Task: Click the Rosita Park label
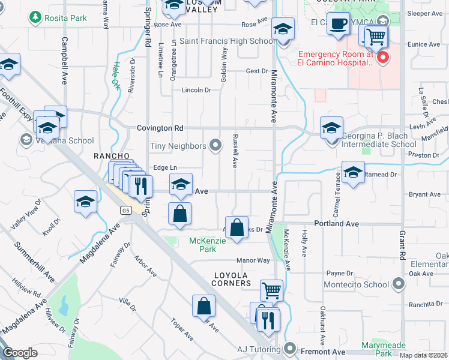(66, 18)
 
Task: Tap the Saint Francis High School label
(228, 41)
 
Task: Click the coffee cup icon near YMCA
(339, 25)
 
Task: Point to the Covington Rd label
(159, 128)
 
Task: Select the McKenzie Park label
(203, 245)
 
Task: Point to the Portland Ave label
(339, 224)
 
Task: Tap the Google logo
(20, 353)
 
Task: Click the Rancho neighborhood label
(112, 156)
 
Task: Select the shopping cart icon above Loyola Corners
(271, 291)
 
